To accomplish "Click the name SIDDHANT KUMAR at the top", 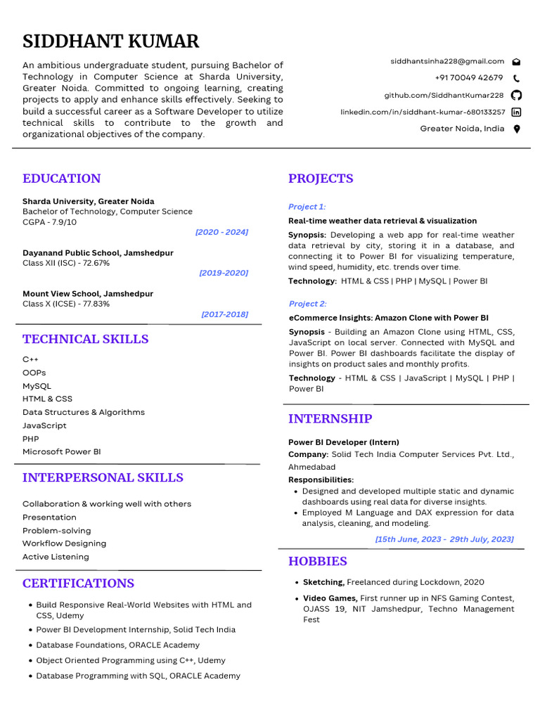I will coord(110,41).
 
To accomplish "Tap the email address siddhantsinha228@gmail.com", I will coord(447,61).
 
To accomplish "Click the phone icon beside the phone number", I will coord(517,78).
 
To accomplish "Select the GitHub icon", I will coord(517,95).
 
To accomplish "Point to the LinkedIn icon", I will coord(517,112).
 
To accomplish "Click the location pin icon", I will coord(517,129).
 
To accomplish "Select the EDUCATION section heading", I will coord(61,179).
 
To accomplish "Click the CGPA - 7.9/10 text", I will coord(49,222).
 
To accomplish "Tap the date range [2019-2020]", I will coord(223,273).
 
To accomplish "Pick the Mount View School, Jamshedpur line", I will coord(87,294).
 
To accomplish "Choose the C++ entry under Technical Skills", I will coord(30,359).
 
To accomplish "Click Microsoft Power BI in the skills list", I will coord(61,451).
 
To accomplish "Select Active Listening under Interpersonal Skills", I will coord(56,557).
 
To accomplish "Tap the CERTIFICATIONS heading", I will coord(78,584).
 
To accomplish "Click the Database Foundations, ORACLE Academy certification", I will coord(117,645).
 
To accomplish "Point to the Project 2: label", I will coord(307,304).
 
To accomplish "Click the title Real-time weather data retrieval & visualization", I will coord(382,221).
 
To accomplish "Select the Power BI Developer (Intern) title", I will coord(343,442).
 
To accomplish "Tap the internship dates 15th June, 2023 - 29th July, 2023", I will coord(444,539).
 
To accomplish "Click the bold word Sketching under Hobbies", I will coord(323,582).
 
